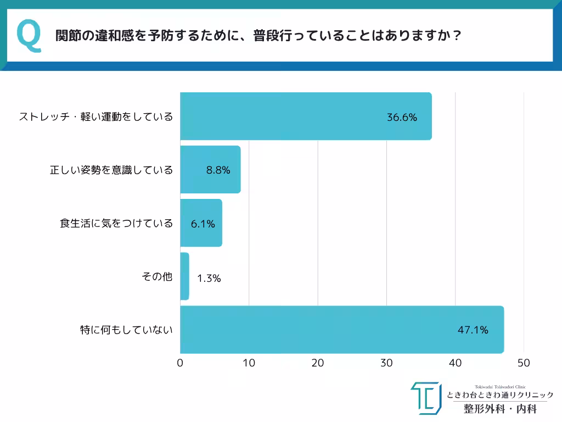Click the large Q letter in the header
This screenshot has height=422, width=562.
coord(29,36)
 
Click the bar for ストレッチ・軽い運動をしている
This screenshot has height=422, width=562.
coord(306,116)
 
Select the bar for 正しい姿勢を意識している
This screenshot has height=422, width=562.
coord(210,169)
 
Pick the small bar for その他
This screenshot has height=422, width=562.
coord(185,276)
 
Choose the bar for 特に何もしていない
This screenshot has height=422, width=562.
coord(341,330)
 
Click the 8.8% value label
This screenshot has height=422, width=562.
coord(218,170)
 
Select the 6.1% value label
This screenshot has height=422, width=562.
coord(203,224)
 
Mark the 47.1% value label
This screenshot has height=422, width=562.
coord(473,330)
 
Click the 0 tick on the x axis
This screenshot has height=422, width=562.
coord(180,363)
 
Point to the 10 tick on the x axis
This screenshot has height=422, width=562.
coord(249,363)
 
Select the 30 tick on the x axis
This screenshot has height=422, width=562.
coord(386,363)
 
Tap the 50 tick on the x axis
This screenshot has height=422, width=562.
coord(524,363)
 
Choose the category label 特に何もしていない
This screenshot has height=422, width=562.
coord(127,330)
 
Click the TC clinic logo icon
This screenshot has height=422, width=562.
coord(426,398)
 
